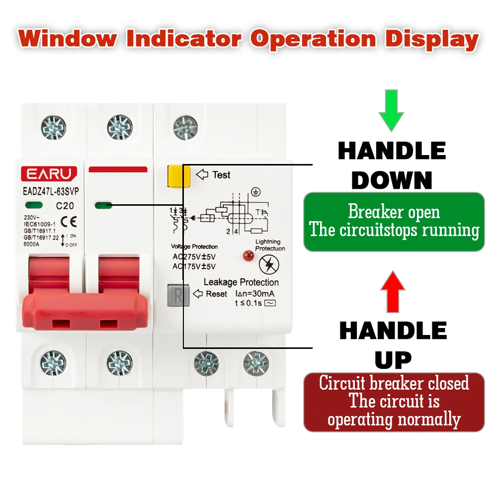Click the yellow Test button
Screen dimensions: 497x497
coord(176,176)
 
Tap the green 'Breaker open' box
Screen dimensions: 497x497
coord(394,221)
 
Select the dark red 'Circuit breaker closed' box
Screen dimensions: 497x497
coord(394,402)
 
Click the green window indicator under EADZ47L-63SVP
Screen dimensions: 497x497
coord(33,204)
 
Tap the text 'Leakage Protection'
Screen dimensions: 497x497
coord(241,282)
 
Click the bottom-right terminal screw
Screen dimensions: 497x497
coord(256,363)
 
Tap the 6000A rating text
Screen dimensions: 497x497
coord(33,245)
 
